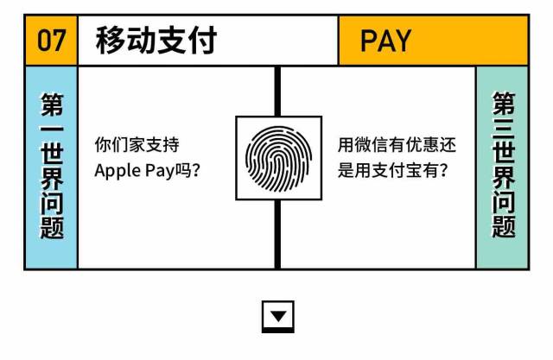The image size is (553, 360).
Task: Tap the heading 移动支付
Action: (156, 41)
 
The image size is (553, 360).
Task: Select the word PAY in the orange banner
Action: (385, 41)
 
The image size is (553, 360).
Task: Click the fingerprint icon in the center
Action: (277, 158)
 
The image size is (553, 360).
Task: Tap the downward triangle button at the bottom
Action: (277, 315)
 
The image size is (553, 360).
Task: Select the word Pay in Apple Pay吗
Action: (158, 170)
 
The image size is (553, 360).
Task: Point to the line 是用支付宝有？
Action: (393, 170)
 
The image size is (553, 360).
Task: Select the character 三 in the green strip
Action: (503, 135)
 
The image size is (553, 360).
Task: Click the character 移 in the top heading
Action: (111, 41)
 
